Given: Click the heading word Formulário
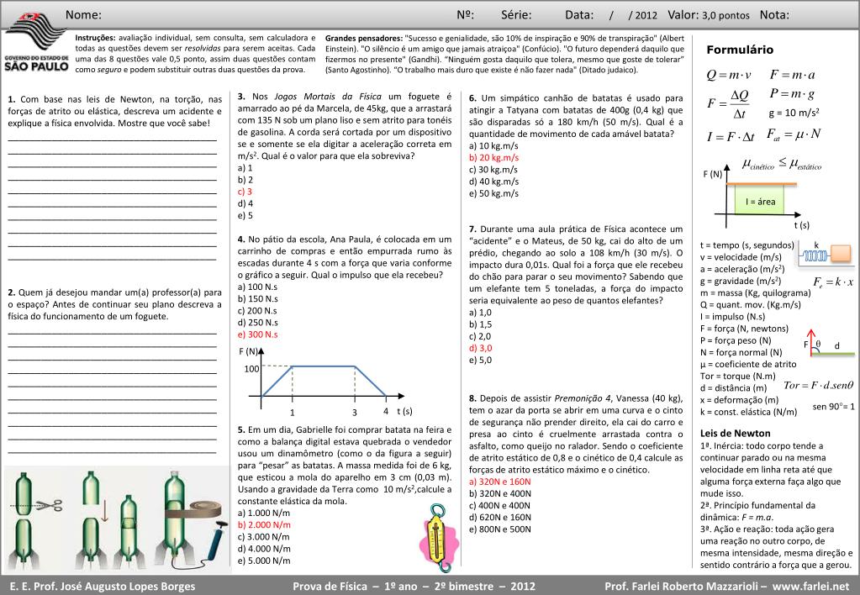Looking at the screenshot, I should point(739,50).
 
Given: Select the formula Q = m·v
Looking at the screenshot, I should point(729,75).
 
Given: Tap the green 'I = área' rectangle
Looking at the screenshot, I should point(760,202).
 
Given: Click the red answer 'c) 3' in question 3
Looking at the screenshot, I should point(245,192).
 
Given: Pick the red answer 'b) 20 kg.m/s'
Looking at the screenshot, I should point(493,158).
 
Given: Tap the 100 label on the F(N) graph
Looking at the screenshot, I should point(252,369).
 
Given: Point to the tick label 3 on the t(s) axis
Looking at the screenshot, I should point(355,413).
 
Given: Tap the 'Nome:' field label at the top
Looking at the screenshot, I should point(83,15).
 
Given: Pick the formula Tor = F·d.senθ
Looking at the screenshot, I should point(817,385).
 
